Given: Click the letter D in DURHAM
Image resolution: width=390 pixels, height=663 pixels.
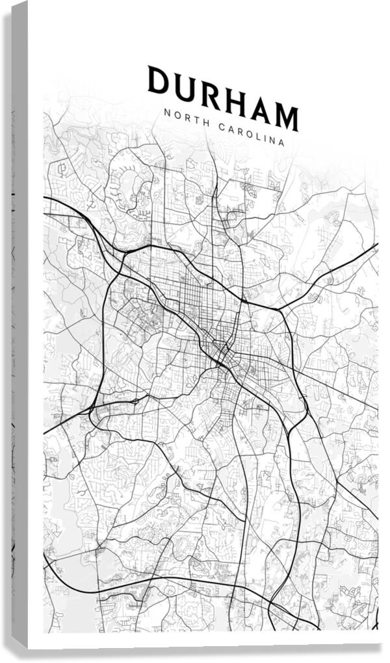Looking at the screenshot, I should click(x=158, y=80).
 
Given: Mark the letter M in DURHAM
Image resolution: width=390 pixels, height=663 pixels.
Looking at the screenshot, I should click(x=286, y=118).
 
